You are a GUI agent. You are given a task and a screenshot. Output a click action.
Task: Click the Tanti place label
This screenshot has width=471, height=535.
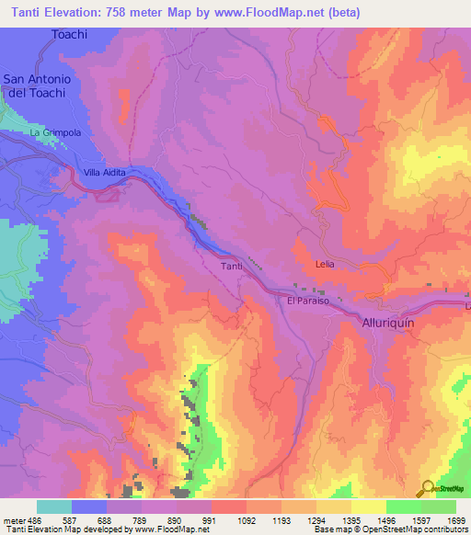232,267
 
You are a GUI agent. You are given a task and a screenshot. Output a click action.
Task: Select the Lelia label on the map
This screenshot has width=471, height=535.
326,264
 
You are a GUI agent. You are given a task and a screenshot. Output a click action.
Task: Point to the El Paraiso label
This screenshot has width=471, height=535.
306,301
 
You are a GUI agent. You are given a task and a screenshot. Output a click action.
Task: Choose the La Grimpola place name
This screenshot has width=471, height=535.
55,133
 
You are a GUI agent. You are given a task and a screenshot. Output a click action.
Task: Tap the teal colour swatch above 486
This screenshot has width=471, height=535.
54,507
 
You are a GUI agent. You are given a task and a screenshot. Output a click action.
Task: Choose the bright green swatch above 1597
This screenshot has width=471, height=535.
404,507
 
